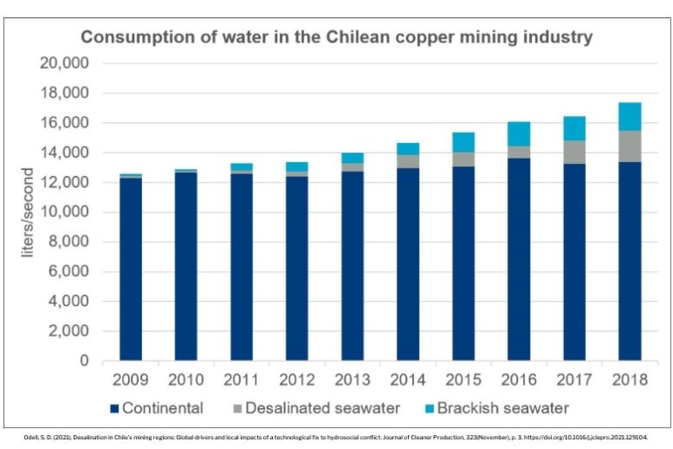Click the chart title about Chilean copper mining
336,37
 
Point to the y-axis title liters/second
29,212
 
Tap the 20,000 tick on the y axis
65,64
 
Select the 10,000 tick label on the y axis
65,212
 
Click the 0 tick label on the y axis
84,361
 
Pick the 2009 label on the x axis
131,381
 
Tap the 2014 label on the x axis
408,381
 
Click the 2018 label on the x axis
629,381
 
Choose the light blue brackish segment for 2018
629,117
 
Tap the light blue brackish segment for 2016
519,133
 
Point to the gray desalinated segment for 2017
574,153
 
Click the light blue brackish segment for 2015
463,142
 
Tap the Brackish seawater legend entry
497,408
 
